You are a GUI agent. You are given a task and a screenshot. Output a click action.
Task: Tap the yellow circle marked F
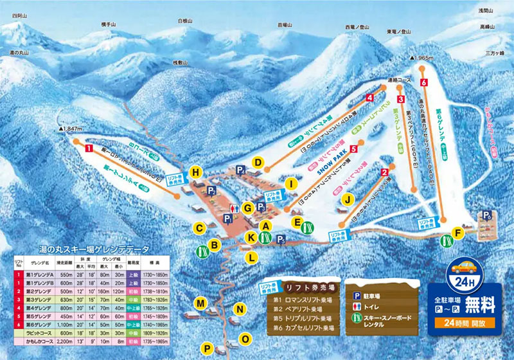[458, 232]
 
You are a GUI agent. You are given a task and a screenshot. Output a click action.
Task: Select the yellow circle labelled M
[200, 303]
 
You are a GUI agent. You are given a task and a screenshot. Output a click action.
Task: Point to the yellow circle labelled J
[347, 200]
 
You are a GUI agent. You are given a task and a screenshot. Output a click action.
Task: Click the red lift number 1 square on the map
[87, 148]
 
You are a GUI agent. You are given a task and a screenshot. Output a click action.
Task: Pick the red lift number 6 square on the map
[423, 83]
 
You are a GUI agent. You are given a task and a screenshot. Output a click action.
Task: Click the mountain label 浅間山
[486, 11]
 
